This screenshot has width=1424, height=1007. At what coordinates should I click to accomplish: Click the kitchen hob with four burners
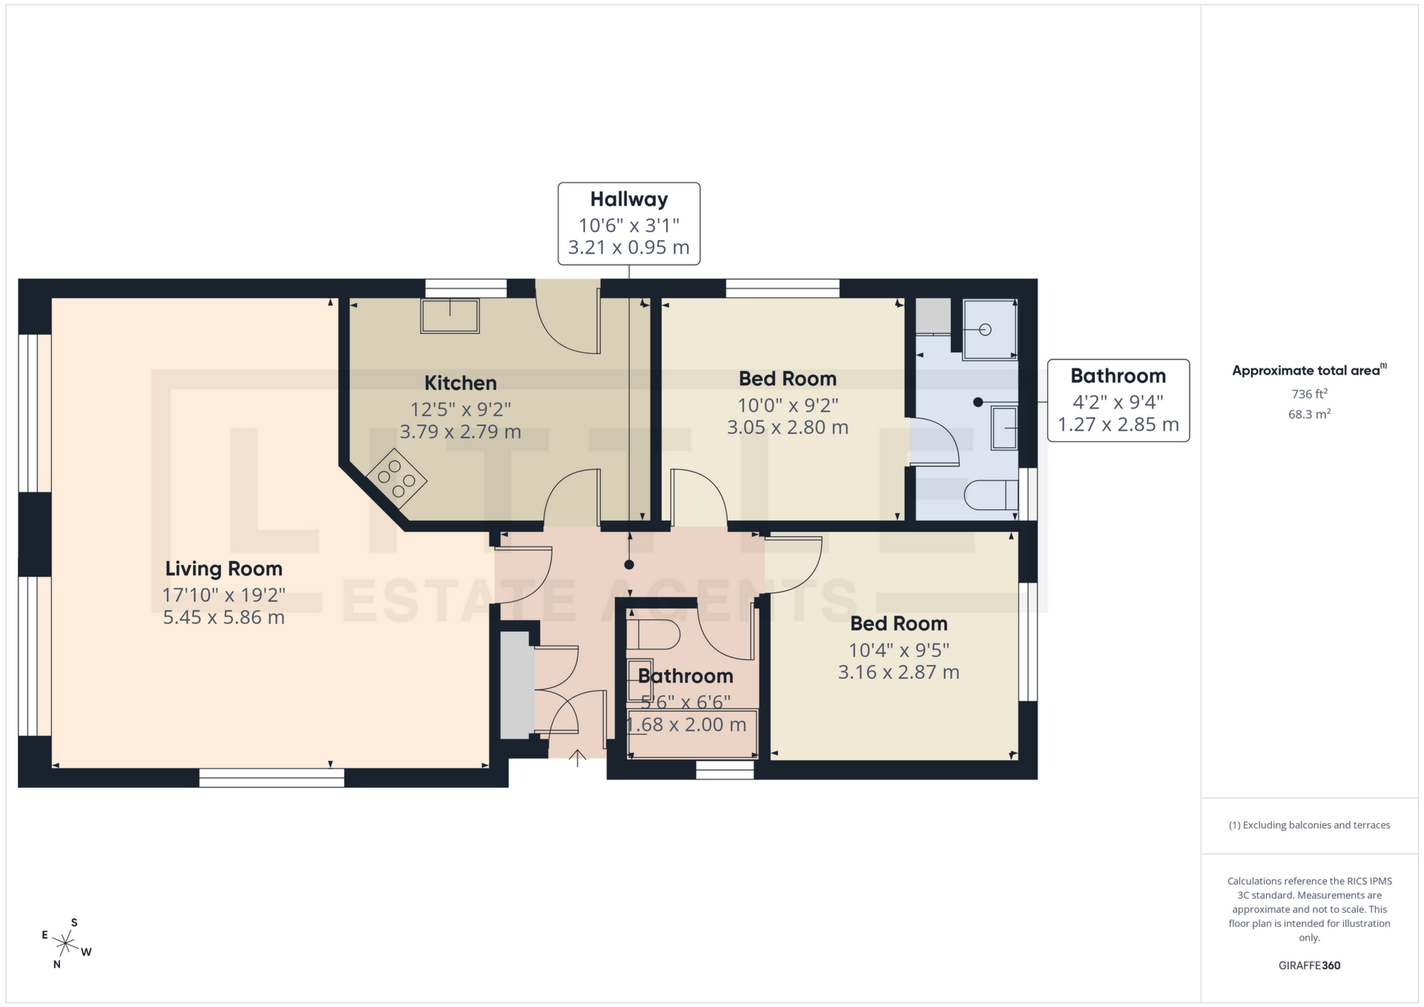(x=396, y=478)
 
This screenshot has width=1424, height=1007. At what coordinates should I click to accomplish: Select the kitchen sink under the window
(x=449, y=315)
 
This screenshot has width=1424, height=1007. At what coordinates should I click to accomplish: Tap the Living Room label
(x=223, y=569)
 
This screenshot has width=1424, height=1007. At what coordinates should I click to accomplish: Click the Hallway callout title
(x=629, y=199)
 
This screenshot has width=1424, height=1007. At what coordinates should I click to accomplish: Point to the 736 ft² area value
(x=1309, y=394)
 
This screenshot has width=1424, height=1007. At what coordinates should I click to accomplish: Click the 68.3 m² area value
(x=1309, y=414)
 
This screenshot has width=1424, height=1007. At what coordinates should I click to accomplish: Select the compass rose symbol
(x=66, y=944)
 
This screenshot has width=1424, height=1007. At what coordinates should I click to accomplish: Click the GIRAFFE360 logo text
(x=1309, y=965)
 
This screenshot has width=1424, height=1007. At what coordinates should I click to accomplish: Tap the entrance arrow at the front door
(x=578, y=757)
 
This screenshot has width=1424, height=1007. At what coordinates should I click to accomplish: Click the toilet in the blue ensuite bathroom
(x=991, y=495)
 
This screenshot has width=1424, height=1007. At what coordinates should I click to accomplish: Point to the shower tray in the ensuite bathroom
(x=989, y=329)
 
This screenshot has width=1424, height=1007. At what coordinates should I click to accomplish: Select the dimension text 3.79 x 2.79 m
(x=460, y=432)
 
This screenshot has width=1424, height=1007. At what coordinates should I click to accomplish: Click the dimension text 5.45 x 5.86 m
(x=223, y=617)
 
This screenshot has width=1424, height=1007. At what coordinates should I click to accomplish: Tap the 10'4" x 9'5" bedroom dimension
(x=898, y=650)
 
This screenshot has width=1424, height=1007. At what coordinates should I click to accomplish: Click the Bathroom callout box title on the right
(x=1118, y=376)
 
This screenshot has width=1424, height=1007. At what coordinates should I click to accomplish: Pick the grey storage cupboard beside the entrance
(x=516, y=686)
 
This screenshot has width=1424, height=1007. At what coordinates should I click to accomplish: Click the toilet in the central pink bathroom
(x=653, y=635)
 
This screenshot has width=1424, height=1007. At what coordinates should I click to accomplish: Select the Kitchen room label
(x=460, y=383)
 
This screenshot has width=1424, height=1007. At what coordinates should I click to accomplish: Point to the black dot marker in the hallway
(x=629, y=564)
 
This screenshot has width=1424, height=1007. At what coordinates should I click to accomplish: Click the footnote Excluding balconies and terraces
(x=1309, y=825)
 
